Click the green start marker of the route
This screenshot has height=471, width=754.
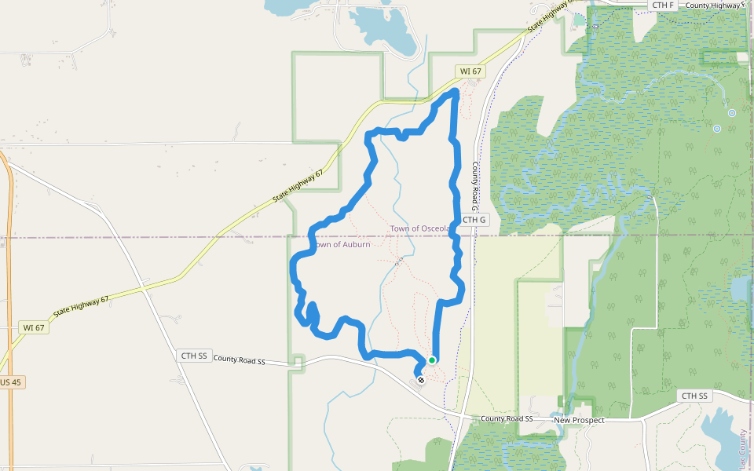pos(432,360)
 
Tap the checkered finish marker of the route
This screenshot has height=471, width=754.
pos(422,381)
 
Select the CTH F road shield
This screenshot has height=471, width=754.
pos(663,5)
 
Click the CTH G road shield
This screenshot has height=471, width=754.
pos(474,220)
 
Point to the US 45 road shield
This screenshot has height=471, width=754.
pos(10,382)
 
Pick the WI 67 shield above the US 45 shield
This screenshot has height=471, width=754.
pos(34,327)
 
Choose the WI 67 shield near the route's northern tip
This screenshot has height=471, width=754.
pos(470,71)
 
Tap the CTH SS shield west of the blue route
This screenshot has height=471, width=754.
pos(194,356)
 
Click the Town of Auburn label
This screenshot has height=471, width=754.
pos(342,245)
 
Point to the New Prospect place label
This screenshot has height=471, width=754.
pos(579,421)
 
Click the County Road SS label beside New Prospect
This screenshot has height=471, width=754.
pos(507,419)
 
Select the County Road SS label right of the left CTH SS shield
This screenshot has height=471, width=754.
pos(239,360)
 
